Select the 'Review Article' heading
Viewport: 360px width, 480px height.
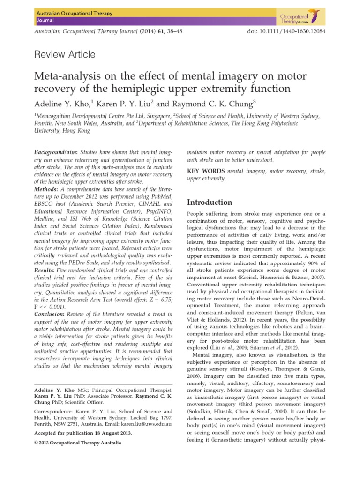(65, 54)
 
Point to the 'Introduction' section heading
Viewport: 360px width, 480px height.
(210, 202)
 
